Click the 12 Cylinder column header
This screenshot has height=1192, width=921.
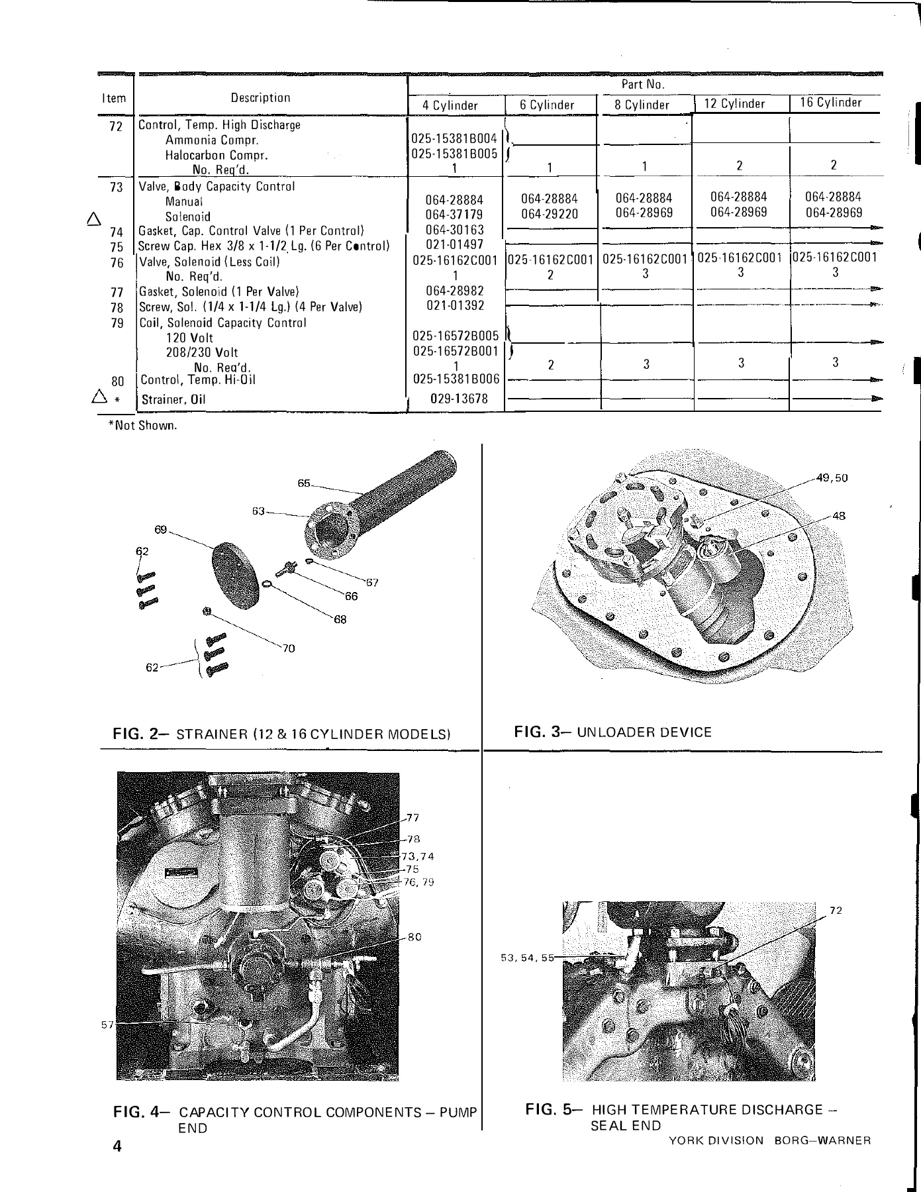tap(735, 104)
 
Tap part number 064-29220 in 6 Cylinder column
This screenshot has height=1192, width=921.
tap(549, 214)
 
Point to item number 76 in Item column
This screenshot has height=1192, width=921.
tap(117, 263)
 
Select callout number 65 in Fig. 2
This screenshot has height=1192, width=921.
tap(304, 483)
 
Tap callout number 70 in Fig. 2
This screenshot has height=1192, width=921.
tap(288, 649)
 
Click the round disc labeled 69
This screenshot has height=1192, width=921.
tap(235, 575)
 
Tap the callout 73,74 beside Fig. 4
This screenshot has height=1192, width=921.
tap(418, 856)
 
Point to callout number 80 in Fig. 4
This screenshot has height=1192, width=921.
tap(415, 937)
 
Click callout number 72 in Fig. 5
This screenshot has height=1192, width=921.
tap(836, 911)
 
